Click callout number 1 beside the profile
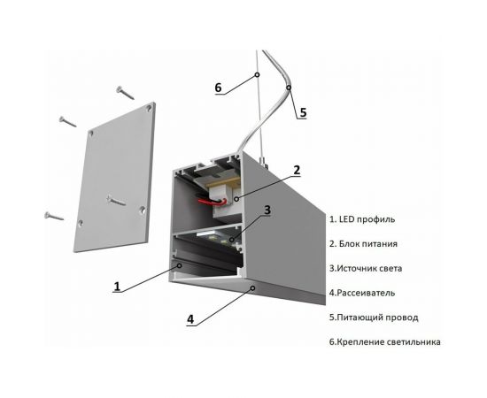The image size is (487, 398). point(117,286)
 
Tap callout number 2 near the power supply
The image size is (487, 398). point(297,169)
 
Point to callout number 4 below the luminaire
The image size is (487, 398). point(190,319)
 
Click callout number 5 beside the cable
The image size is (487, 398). point(302,112)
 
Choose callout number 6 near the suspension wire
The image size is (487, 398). point(218,88)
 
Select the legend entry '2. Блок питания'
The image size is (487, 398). point(368,243)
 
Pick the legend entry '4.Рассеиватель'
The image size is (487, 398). point(367,292)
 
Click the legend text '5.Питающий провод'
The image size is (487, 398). point(373,317)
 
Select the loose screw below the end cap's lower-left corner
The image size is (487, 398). point(54,213)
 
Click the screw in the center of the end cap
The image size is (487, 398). point(116,201)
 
